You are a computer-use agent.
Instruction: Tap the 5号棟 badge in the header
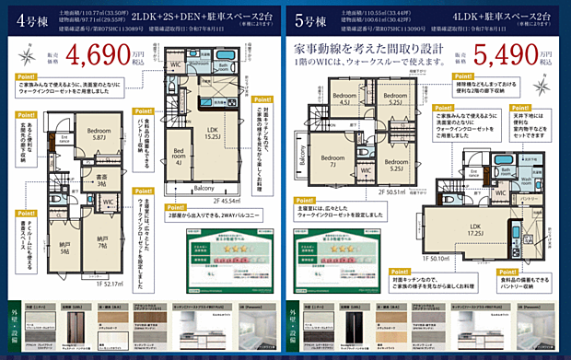[x=314, y=18]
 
